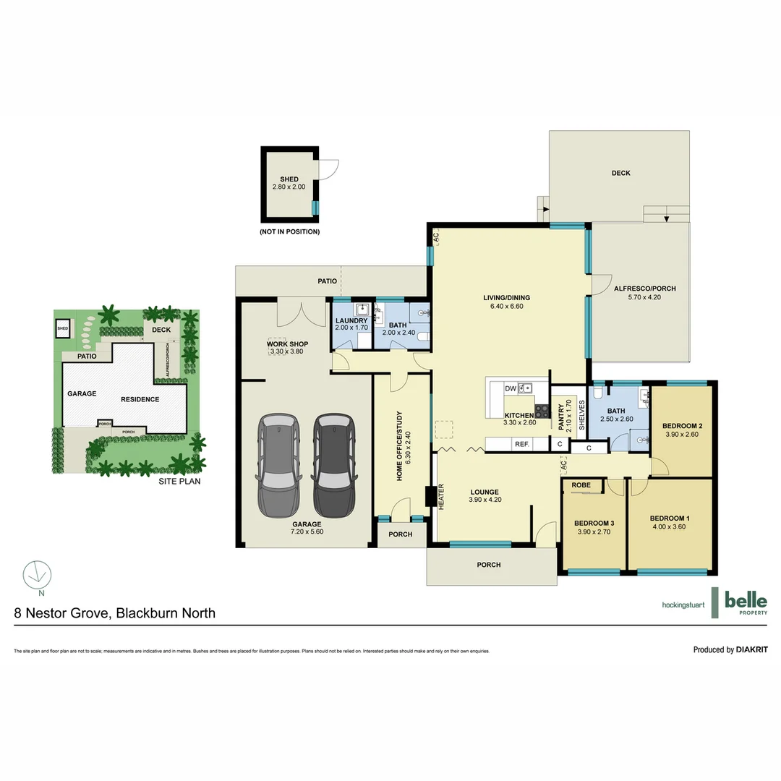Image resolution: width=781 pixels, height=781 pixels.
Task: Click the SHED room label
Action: [289, 179]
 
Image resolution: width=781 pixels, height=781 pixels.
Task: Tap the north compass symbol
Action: [37, 574]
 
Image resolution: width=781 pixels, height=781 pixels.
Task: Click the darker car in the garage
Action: [334, 463]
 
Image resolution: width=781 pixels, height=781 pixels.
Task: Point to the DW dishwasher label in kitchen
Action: [511, 389]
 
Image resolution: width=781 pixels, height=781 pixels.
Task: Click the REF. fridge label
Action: [522, 444]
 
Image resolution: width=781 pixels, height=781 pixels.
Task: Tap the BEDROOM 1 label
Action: [670, 518]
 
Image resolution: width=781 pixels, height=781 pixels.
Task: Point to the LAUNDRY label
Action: [351, 320]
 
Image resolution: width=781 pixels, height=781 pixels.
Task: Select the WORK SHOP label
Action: [289, 343]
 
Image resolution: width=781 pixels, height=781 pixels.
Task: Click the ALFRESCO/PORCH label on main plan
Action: [644, 289]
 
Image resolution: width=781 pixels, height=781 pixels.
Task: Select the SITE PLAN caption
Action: [179, 480]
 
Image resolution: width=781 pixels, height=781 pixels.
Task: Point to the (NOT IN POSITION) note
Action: [289, 232]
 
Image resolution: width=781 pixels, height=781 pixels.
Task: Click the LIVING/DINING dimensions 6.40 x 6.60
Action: [506, 306]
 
